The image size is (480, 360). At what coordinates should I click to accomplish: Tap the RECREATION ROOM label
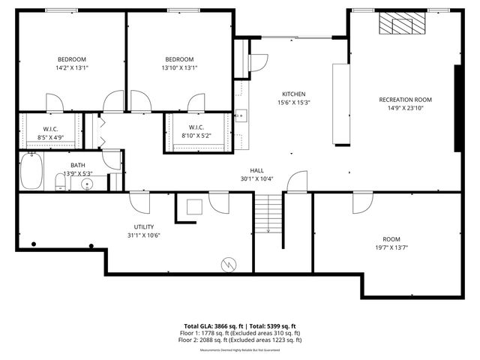[405, 99]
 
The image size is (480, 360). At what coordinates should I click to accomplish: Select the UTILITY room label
[144, 226]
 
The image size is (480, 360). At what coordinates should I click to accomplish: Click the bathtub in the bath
[32, 172]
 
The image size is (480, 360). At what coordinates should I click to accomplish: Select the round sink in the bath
[88, 183]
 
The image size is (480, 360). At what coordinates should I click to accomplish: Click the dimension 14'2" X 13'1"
[72, 67]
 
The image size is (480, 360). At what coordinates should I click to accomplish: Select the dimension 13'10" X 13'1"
[180, 67]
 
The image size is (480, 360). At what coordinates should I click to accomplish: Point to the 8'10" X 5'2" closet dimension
[196, 136]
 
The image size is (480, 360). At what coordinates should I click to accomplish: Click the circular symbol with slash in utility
[229, 263]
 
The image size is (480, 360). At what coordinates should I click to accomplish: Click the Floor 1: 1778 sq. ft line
[239, 333]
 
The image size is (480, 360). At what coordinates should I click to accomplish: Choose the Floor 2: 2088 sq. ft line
[239, 340]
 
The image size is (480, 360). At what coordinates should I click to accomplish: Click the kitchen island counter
[341, 103]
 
